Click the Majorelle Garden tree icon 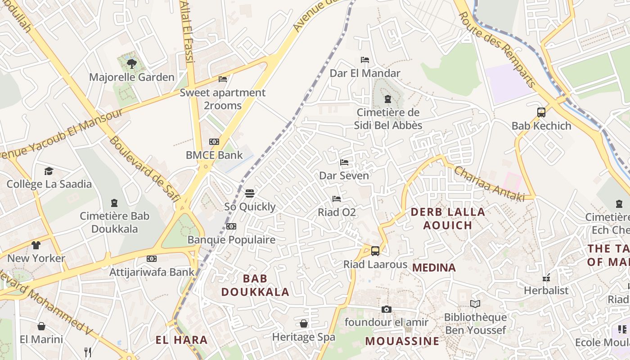pyautogui.click(x=131, y=63)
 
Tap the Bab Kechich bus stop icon pyautogui.click(x=541, y=112)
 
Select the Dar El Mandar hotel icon pyautogui.click(x=365, y=60)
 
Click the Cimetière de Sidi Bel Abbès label pyautogui.click(x=388, y=119)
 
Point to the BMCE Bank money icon pyautogui.click(x=214, y=142)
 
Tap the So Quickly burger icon pyautogui.click(x=250, y=193)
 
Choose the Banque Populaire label pyautogui.click(x=231, y=239)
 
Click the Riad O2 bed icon pyautogui.click(x=336, y=199)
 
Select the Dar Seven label pyautogui.click(x=344, y=175)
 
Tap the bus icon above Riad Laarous pyautogui.click(x=375, y=251)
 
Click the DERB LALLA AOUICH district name pyautogui.click(x=448, y=218)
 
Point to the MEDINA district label pyautogui.click(x=434, y=268)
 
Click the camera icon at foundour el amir pyautogui.click(x=386, y=309)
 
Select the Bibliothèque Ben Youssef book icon pyautogui.click(x=475, y=304)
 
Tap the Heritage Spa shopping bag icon pyautogui.click(x=304, y=324)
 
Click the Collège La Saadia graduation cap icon pyautogui.click(x=49, y=171)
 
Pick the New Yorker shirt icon pyautogui.click(x=36, y=245)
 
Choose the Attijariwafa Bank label pyautogui.click(x=152, y=272)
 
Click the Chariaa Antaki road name pyautogui.click(x=490, y=184)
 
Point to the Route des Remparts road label pyautogui.click(x=497, y=49)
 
